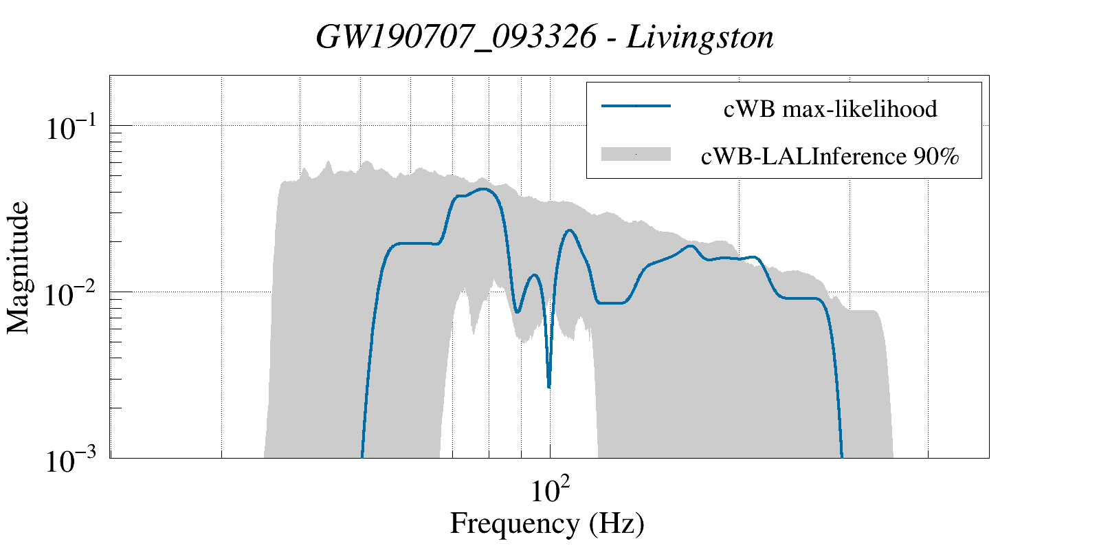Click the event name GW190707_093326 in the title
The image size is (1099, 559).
pos(456,37)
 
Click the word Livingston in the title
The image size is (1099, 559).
pos(700,37)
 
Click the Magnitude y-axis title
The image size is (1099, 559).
pos(19,267)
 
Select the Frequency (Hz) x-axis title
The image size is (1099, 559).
pos(547,524)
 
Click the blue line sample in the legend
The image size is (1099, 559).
pos(636,106)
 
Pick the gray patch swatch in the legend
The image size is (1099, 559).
pos(636,154)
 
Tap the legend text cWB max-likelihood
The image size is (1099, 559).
pos(830,109)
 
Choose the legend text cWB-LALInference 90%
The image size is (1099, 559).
pos(830,157)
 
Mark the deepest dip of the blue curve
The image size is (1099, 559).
pos(548,386)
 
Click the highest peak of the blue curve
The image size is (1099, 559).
pos(485,189)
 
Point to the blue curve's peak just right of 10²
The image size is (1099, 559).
pos(569,230)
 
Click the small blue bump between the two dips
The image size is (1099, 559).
pos(533,275)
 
